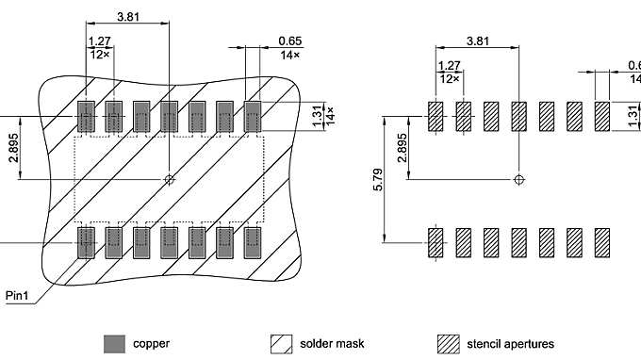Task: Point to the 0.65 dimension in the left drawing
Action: (x=290, y=41)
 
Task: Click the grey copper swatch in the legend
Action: (x=114, y=343)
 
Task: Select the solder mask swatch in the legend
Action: (x=280, y=343)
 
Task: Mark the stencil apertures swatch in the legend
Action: (x=449, y=343)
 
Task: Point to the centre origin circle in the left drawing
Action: (x=169, y=179)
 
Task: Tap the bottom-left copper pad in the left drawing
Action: (x=86, y=241)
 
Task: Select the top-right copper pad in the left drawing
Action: (x=253, y=117)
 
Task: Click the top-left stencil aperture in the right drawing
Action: (x=436, y=117)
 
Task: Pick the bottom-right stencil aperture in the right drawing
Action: (x=602, y=242)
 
